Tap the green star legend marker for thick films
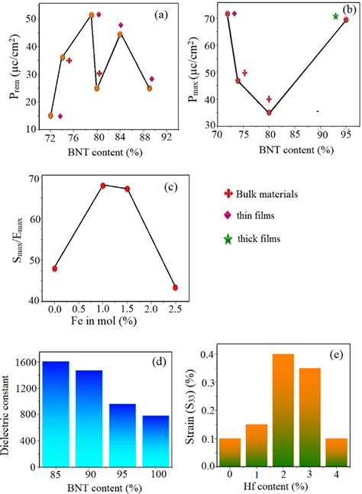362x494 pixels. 228,239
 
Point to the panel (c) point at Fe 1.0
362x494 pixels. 102,186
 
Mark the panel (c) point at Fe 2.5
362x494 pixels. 175,288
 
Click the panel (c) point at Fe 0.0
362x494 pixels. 54,269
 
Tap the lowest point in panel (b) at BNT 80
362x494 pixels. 269,112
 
